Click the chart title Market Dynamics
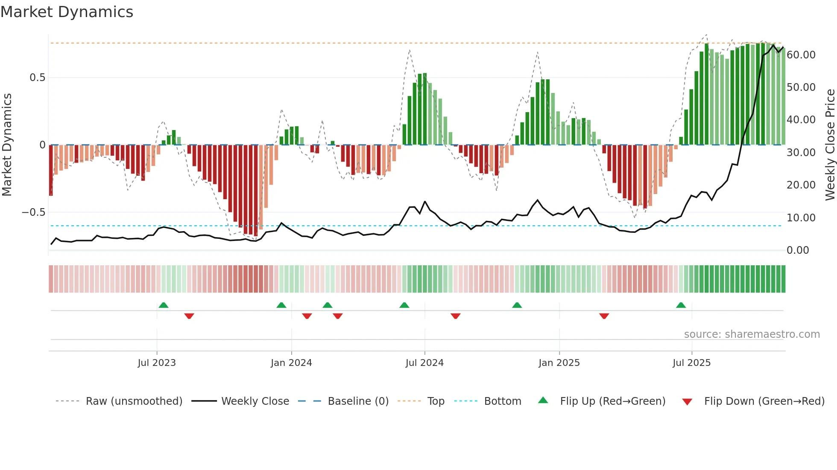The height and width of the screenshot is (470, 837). (67, 12)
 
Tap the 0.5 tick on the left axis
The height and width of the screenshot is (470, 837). (37, 78)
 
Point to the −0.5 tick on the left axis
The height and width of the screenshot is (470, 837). (34, 212)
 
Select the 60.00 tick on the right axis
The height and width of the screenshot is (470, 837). (801, 55)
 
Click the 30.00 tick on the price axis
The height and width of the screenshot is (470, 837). (801, 153)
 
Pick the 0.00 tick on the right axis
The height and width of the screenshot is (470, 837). (798, 250)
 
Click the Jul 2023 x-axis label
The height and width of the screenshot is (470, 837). (157, 363)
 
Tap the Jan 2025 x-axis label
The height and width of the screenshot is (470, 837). (559, 363)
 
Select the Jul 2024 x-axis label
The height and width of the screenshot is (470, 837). (424, 363)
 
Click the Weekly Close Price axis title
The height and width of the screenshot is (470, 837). (830, 145)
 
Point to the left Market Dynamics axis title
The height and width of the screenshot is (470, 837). (7, 145)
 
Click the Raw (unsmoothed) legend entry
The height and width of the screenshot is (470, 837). (134, 401)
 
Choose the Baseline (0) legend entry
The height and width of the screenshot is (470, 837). (358, 401)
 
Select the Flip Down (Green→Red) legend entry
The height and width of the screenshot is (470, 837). (764, 401)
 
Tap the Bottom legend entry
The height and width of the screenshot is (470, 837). (502, 401)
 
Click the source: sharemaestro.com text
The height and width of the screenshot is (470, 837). (752, 334)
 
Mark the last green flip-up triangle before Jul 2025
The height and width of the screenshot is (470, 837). (681, 305)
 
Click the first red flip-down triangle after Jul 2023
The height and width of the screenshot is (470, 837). (189, 316)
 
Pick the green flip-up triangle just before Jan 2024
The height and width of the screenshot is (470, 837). (281, 305)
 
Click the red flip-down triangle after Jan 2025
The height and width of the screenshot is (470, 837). (604, 316)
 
